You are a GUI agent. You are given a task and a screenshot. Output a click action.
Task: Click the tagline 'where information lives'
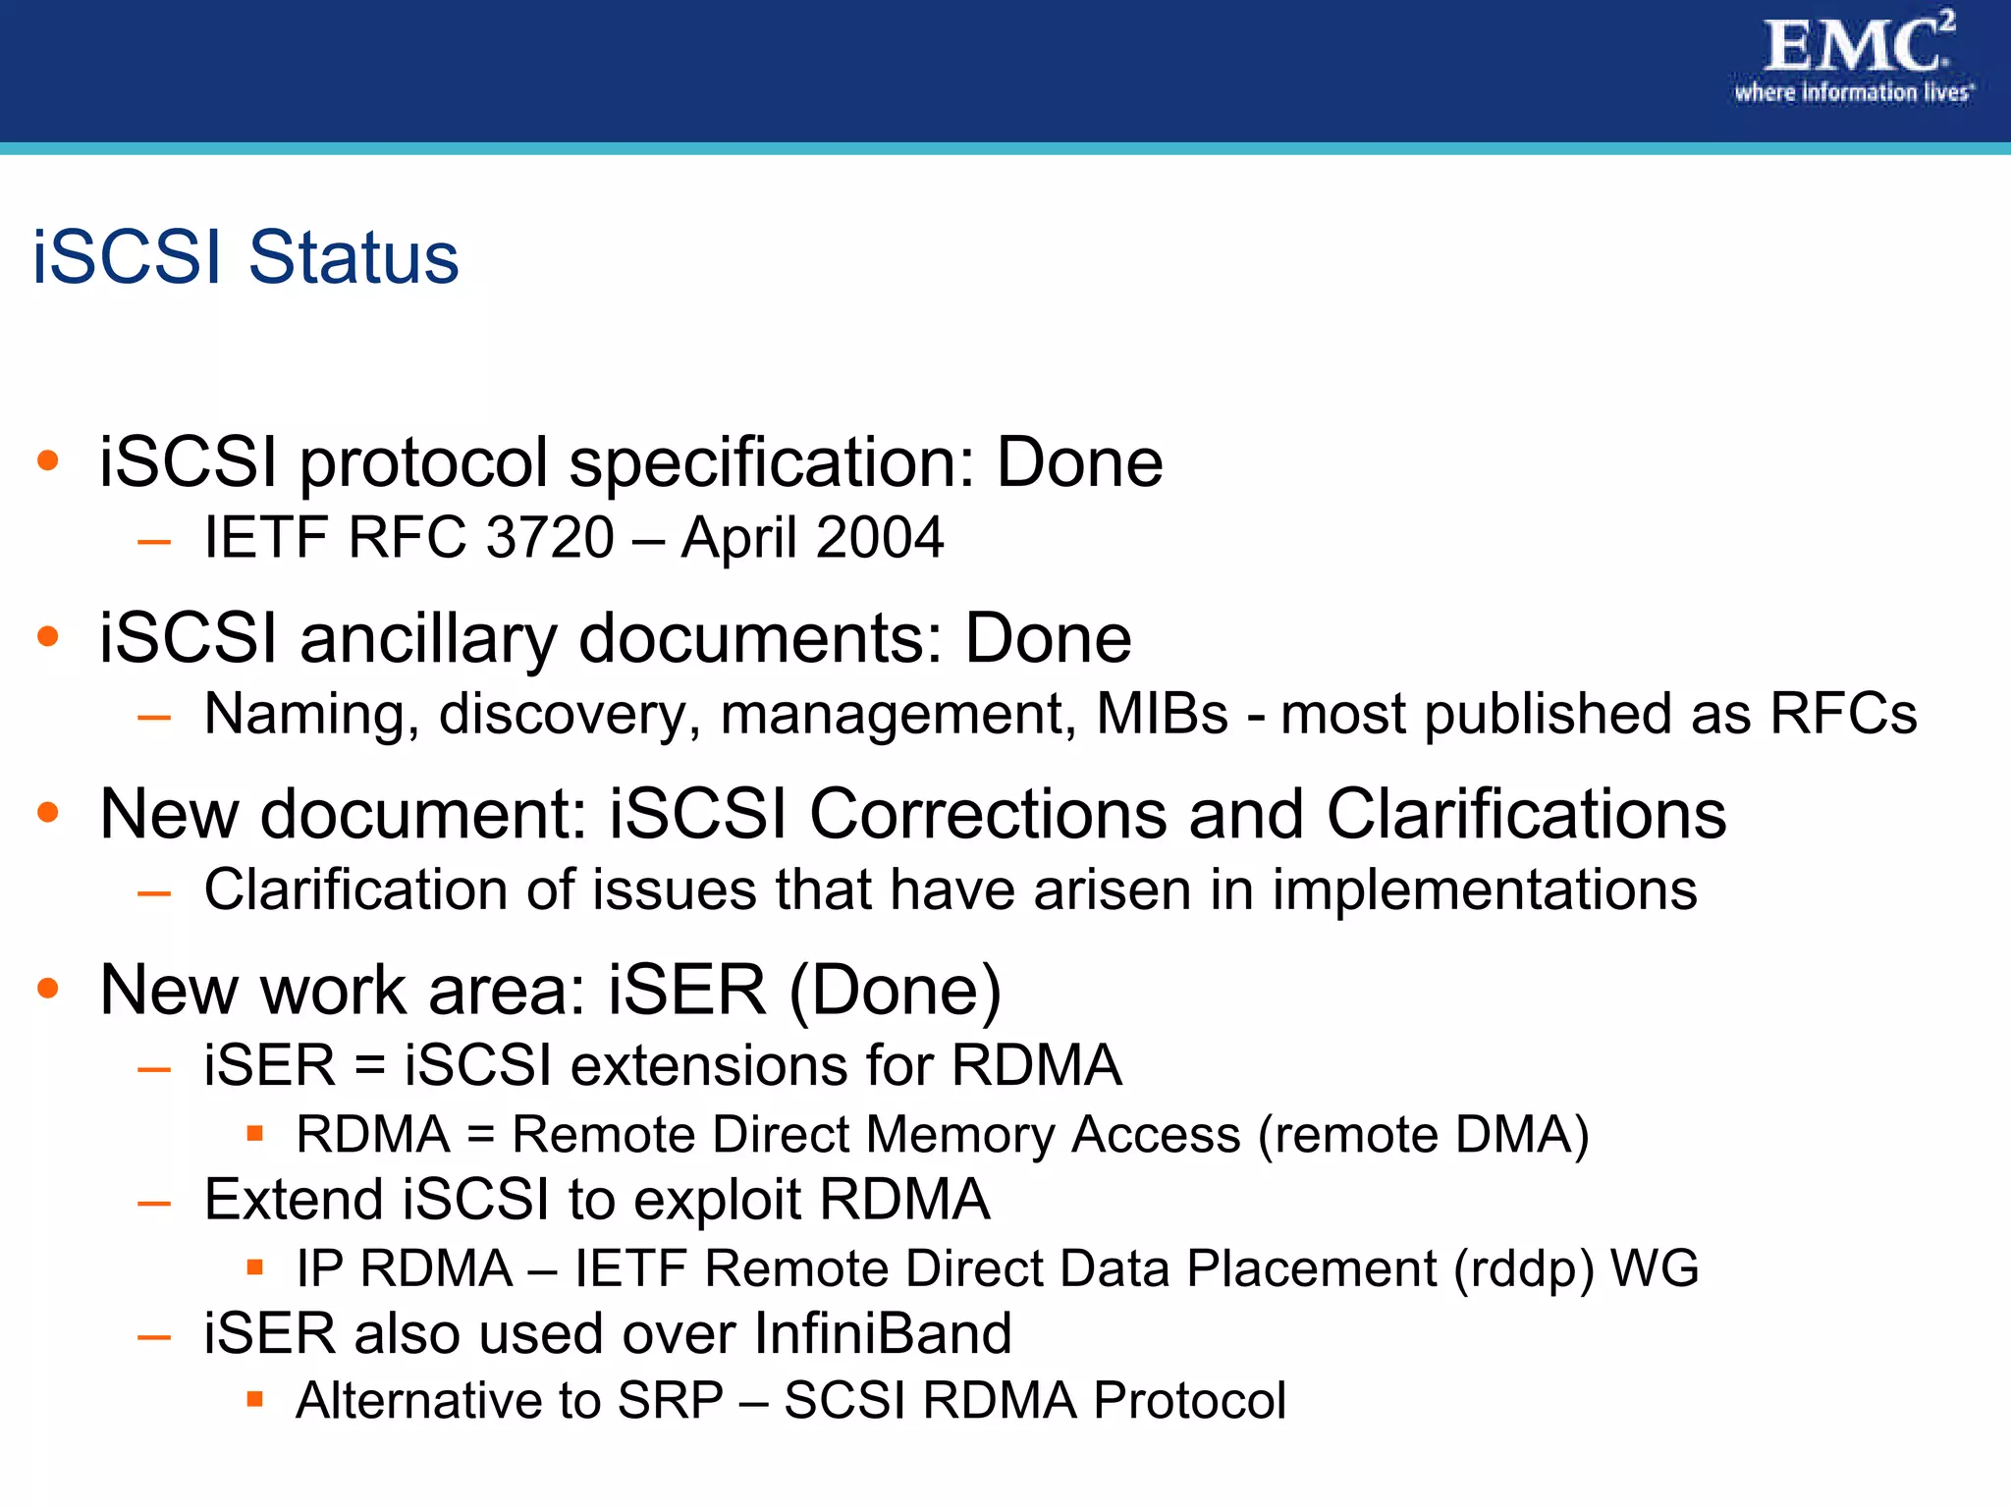click(x=1854, y=93)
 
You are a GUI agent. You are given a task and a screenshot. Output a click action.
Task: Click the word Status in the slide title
click(x=353, y=257)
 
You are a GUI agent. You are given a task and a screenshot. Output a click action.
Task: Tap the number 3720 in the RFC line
click(x=550, y=538)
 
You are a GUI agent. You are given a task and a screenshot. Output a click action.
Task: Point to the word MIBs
click(x=1162, y=714)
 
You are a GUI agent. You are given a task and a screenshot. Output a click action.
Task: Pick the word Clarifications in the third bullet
click(x=1526, y=814)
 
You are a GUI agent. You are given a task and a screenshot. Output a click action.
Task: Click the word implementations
click(x=1485, y=889)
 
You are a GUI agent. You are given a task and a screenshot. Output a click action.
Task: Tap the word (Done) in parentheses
click(x=895, y=990)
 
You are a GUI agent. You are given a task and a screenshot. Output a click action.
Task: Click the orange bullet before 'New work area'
click(x=48, y=987)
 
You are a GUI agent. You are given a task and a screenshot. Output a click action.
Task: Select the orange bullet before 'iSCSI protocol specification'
click(x=48, y=459)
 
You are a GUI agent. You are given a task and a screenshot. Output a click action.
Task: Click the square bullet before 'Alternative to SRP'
click(x=255, y=1398)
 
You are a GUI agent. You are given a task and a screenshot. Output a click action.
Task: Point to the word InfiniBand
click(x=883, y=1333)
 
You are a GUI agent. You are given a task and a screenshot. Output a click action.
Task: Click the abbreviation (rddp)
click(x=1524, y=1268)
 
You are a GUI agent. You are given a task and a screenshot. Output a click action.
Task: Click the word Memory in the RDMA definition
click(x=960, y=1135)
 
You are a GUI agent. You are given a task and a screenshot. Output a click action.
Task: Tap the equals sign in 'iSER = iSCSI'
click(x=369, y=1066)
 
